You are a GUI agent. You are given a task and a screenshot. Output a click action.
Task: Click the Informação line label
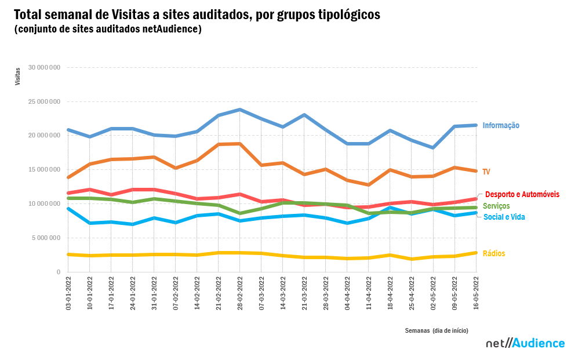(501, 125)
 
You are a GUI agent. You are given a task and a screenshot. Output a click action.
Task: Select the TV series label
(486, 172)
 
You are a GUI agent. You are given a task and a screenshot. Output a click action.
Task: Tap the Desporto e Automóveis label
(522, 194)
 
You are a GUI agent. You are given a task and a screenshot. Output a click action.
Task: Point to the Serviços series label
(496, 206)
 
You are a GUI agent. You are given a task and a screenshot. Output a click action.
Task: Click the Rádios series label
(493, 253)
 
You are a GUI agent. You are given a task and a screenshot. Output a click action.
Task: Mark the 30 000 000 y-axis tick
(43, 68)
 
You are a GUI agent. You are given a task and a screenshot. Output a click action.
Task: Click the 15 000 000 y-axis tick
(43, 170)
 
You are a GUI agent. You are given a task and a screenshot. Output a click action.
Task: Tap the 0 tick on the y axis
(58, 272)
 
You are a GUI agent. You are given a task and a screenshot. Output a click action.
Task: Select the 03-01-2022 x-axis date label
(68, 293)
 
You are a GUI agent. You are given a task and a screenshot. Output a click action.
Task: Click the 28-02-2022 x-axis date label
(240, 293)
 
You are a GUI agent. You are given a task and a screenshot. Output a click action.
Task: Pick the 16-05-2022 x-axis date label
(476, 293)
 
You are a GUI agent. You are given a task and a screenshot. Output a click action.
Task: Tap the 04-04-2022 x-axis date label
(347, 293)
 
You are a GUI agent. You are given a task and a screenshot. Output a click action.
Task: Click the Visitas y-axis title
(17, 77)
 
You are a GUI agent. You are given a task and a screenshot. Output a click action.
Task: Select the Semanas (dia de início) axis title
(436, 330)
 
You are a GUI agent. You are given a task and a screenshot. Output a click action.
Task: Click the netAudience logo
(525, 343)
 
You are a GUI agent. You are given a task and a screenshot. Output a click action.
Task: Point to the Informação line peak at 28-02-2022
(240, 110)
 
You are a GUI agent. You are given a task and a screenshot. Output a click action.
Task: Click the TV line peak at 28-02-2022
(240, 144)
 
